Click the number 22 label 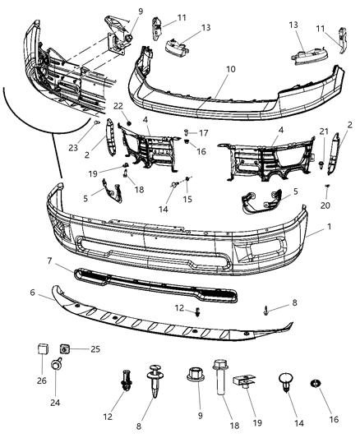click(118, 106)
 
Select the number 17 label click(205, 132)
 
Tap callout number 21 click(323, 131)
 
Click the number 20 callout click(325, 205)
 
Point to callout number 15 click(188, 199)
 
